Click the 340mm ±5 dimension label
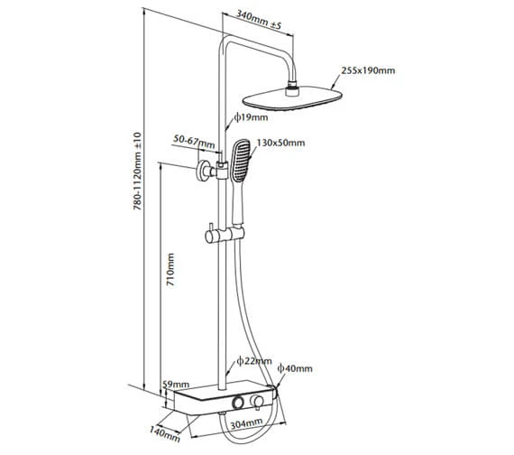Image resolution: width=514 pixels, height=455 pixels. tap(260, 20)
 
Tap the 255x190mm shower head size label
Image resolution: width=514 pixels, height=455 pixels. tap(368, 70)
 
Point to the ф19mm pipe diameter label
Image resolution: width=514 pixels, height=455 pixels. tap(251, 117)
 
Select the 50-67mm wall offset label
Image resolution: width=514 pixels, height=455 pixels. tap(194, 142)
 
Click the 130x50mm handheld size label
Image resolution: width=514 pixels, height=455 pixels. tap(280, 143)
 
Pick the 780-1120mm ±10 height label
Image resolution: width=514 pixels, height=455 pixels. tap(137, 171)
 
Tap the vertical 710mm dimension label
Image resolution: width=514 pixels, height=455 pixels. tap(170, 270)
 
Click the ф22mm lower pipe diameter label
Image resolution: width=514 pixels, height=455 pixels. tap(254, 361)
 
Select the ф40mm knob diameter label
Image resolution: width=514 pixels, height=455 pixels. tap(295, 368)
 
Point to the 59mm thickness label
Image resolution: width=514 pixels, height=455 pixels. tap(176, 384)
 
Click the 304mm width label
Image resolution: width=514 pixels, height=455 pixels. tap(246, 423)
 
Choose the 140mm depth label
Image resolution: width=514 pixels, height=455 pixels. tap(165, 433)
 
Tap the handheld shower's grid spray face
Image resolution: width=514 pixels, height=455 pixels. tap(240, 160)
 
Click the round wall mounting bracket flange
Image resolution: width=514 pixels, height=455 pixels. tap(202, 171)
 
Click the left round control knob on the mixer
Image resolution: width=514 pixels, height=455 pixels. tap(237, 402)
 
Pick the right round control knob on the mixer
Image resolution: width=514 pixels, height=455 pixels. tap(257, 402)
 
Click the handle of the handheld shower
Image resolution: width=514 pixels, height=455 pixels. tap(238, 203)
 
